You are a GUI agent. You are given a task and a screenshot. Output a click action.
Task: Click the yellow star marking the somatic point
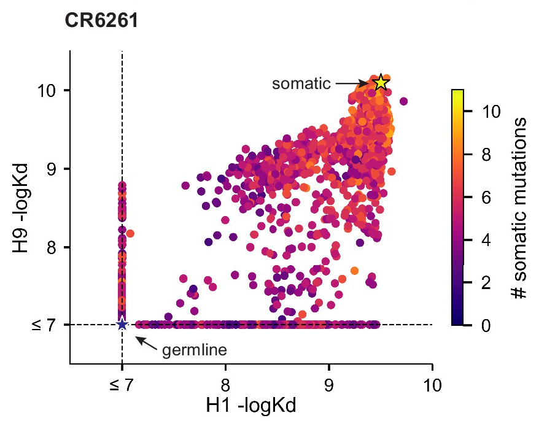[x=381, y=82]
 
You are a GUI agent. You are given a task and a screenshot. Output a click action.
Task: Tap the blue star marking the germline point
[x=122, y=324]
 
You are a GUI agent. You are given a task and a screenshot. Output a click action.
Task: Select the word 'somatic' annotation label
[x=301, y=83]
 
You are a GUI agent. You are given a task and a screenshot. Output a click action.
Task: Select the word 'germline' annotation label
[x=195, y=350]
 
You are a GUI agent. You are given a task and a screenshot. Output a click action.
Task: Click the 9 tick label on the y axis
[x=54, y=169]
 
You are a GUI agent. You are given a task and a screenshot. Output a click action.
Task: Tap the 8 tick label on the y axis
[x=54, y=247]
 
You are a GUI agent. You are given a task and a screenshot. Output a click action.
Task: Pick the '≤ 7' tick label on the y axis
[x=47, y=325]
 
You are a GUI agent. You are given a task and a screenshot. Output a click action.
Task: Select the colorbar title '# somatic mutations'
[x=521, y=209]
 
